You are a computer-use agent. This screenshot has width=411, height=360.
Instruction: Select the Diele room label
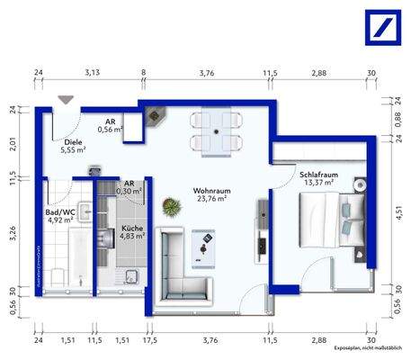[x=72, y=148]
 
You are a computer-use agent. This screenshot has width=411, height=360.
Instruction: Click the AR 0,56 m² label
[x=110, y=125]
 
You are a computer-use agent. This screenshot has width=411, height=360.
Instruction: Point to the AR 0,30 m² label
[x=128, y=186]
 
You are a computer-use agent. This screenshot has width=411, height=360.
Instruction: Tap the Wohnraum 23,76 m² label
[x=211, y=195]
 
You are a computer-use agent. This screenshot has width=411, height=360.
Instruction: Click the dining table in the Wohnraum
[x=218, y=132]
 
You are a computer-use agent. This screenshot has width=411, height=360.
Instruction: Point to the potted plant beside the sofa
[x=169, y=207]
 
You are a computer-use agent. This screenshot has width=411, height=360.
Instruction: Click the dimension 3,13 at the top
[x=92, y=72]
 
